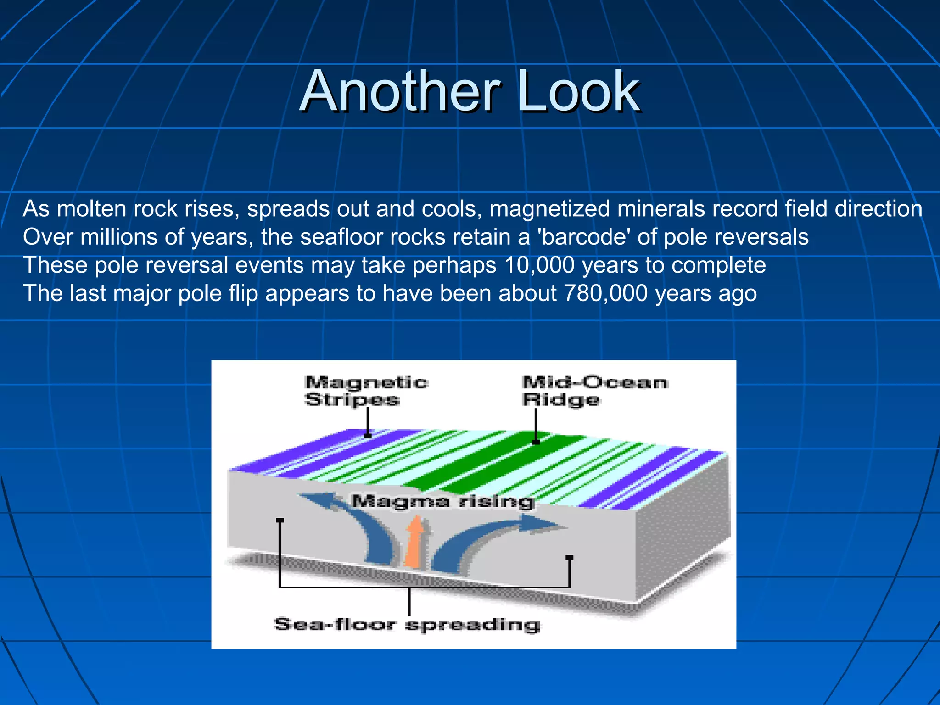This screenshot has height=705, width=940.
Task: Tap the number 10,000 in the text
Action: pos(539,265)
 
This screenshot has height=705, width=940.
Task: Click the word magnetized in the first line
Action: pos(549,209)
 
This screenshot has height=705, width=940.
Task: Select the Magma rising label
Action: pos(443,501)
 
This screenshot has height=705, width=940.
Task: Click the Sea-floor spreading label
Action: pos(407,625)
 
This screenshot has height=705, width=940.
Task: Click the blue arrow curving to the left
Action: pos(353,523)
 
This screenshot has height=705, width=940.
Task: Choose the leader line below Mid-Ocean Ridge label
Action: pos(536,425)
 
